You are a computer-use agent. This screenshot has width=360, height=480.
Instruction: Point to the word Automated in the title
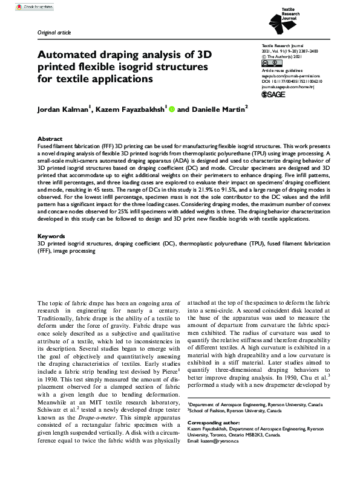(70, 54)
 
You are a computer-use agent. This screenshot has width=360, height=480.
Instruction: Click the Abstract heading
(50, 138)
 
